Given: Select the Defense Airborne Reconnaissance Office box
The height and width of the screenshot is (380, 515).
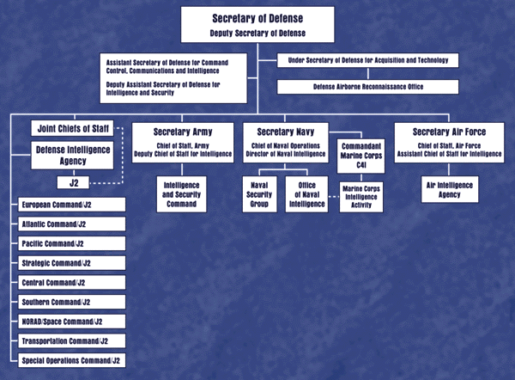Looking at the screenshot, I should coord(367,87).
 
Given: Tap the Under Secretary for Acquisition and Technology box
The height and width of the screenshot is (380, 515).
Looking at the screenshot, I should coord(367,60).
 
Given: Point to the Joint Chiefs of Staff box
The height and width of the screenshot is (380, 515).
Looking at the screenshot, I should coord(71,128).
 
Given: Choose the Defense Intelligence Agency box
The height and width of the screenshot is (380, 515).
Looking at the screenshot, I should coord(71,155).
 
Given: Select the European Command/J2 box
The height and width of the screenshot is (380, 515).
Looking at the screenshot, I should coord(71,205).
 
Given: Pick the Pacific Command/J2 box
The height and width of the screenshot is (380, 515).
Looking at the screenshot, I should coord(71,243).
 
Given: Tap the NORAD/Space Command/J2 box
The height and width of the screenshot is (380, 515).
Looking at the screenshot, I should coord(71,322).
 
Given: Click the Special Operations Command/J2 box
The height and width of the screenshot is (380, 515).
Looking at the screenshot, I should coord(71,360).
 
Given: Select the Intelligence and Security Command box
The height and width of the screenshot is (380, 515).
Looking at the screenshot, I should coord(182,194).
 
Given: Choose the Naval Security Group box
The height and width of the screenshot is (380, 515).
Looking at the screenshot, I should coord(259,194).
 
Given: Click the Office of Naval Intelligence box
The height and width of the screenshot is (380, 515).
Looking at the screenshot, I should coord(307,194).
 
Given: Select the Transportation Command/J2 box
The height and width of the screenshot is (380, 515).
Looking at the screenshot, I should coord(71,341).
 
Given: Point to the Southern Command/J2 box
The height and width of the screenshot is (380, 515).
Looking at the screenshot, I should coord(71,302).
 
